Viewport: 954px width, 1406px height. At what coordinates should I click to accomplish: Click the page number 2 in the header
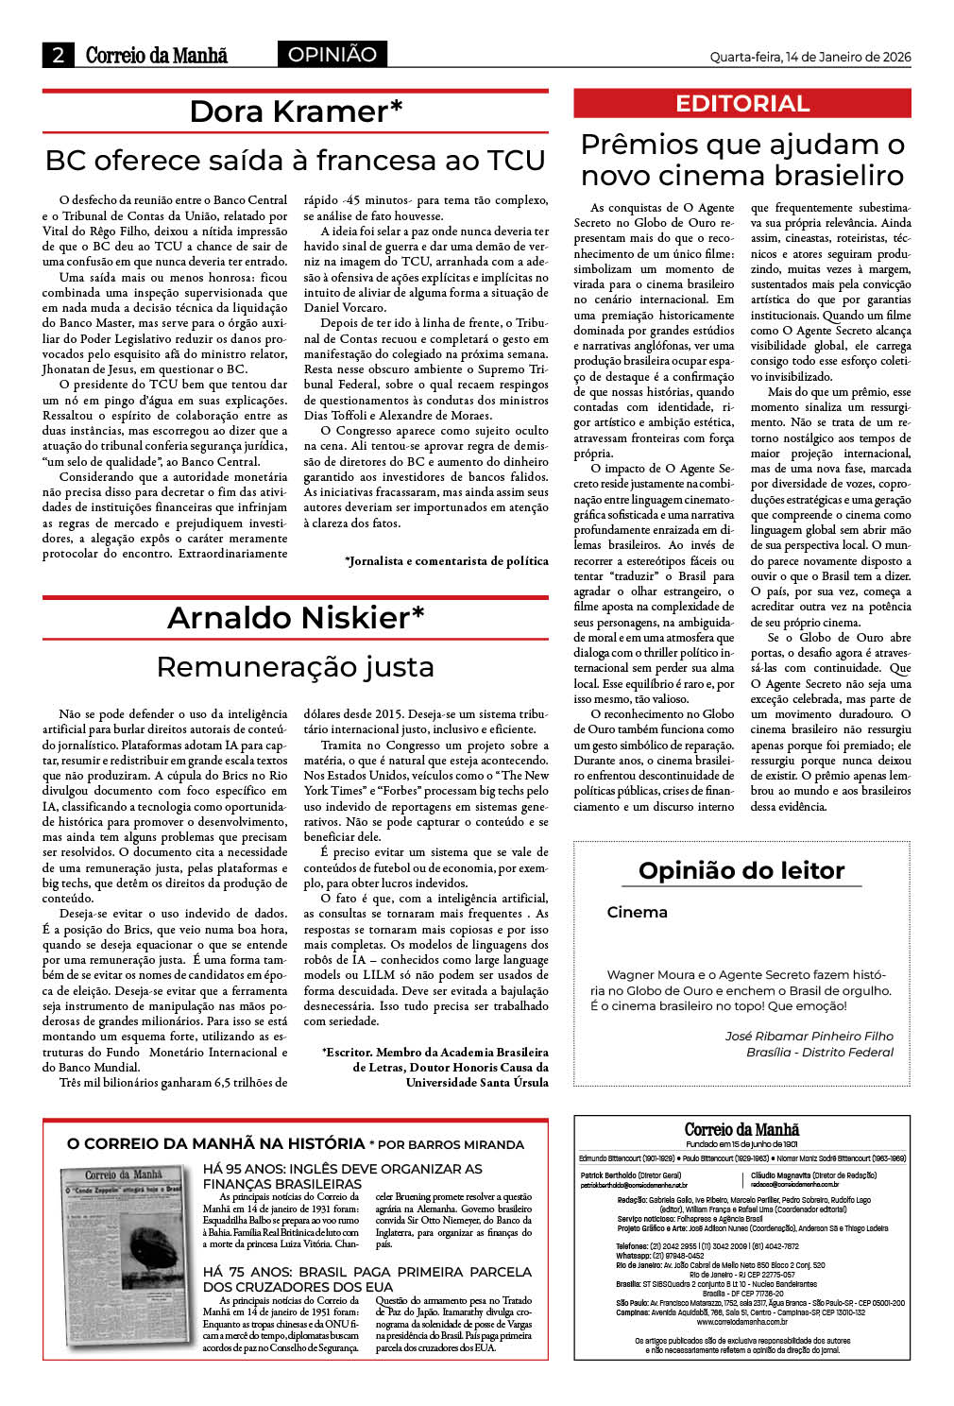[58, 55]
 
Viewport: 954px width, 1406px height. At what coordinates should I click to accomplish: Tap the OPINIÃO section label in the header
[332, 55]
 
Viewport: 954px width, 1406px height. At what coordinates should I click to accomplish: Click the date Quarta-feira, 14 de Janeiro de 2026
[809, 57]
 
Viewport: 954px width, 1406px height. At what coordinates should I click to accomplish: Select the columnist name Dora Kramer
[296, 111]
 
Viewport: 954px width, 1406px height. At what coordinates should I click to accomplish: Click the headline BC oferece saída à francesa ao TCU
[296, 161]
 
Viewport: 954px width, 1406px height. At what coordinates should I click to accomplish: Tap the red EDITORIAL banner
[742, 104]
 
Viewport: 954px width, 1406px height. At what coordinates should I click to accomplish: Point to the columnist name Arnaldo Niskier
[296, 618]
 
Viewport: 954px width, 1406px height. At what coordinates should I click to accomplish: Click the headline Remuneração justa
[296, 667]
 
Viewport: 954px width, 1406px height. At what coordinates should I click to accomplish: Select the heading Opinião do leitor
[741, 870]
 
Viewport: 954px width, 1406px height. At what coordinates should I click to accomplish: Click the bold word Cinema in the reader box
[637, 913]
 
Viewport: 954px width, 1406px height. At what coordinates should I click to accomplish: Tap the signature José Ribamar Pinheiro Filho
[809, 1037]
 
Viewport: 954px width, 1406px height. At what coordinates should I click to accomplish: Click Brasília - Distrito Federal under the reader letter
[819, 1053]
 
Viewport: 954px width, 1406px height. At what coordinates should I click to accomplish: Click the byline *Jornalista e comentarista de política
[446, 561]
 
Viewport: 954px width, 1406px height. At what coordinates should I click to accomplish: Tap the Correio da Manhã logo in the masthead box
[741, 1130]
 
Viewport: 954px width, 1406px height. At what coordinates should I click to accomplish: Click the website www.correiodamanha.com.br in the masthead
[742, 1322]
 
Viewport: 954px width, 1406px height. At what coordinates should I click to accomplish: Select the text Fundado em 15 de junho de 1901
[741, 1144]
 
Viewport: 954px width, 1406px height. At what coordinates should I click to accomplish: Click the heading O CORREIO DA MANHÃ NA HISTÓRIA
[215, 1144]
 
